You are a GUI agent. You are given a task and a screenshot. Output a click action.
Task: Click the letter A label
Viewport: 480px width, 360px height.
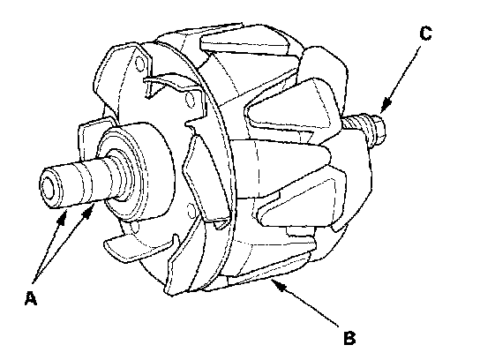click(x=31, y=298)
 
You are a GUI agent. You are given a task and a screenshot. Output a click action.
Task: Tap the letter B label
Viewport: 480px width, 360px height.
click(x=349, y=338)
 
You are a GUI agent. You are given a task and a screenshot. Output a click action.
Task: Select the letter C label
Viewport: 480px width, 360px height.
click(x=426, y=34)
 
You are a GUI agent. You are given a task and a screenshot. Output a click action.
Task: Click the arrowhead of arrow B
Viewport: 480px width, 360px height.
click(x=278, y=284)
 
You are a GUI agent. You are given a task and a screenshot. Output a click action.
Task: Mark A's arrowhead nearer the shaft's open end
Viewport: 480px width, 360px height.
click(x=62, y=217)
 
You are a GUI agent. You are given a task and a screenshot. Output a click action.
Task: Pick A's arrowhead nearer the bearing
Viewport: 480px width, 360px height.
click(x=89, y=212)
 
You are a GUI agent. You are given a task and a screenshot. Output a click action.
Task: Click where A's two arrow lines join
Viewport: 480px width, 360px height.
click(x=34, y=281)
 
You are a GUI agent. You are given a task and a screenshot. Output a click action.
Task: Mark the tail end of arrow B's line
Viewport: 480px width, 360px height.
click(x=338, y=326)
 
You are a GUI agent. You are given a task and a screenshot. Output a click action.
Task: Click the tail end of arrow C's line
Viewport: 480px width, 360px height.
click(x=420, y=47)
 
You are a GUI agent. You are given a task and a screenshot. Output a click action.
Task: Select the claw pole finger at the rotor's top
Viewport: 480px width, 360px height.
click(x=245, y=40)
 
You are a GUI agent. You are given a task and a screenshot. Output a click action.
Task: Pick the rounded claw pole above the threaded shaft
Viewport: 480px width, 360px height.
click(x=325, y=77)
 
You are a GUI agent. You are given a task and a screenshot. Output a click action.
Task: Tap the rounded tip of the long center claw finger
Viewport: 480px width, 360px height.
click(x=325, y=155)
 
